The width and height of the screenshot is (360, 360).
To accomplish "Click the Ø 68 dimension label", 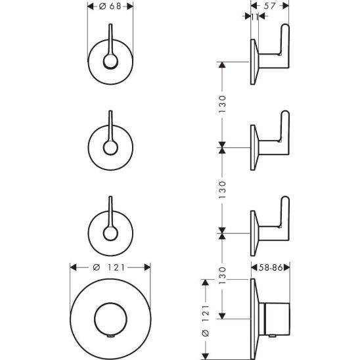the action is tap(110, 6).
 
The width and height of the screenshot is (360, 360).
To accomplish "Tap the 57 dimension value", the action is tap(269, 6).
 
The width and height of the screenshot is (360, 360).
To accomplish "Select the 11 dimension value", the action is tap(255, 17).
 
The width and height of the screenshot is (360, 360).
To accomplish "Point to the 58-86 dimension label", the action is tap(271, 267).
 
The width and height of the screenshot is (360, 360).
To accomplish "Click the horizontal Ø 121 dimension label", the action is tap(109, 267).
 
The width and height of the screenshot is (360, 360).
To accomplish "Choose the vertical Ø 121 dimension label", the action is tap(206, 321).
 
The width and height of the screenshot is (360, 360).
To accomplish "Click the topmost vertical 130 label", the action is tap(223, 104).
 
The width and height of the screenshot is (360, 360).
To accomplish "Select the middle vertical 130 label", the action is tap(223, 190).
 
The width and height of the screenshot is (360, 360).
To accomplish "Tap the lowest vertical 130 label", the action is tap(223, 275).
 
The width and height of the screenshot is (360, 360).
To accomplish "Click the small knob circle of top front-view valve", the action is tap(110, 62).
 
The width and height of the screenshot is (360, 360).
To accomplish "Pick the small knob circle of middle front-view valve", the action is tap(110, 148).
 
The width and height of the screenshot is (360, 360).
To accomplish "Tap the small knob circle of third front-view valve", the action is tap(110, 233).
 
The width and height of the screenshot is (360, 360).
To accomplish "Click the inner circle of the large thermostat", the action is tap(110, 303).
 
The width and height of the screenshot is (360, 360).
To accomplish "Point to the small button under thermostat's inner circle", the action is tap(110, 336).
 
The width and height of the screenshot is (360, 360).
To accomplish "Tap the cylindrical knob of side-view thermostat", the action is tap(277, 319).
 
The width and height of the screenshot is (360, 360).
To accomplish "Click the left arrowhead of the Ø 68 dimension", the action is tap(91, 6).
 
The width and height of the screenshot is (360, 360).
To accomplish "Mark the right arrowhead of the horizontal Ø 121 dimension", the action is tap(147, 267).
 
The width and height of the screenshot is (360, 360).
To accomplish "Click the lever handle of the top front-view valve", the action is tap(110, 39).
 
